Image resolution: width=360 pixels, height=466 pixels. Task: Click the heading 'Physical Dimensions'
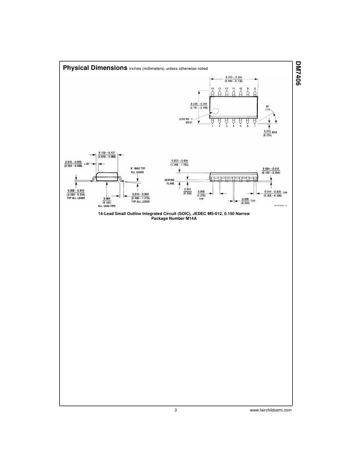click(94, 68)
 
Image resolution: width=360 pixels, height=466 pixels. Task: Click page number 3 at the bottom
click(175, 410)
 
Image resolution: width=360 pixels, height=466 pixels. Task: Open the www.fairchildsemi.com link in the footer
click(271, 410)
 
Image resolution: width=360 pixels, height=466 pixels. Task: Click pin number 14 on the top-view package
click(212, 88)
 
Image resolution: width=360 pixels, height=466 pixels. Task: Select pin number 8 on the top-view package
click(255, 88)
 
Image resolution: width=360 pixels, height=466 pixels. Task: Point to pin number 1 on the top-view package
click(212, 126)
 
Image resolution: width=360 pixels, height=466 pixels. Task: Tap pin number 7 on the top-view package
click(255, 126)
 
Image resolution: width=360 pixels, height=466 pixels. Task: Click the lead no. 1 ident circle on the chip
click(216, 111)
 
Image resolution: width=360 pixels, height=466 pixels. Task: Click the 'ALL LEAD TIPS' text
click(107, 205)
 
